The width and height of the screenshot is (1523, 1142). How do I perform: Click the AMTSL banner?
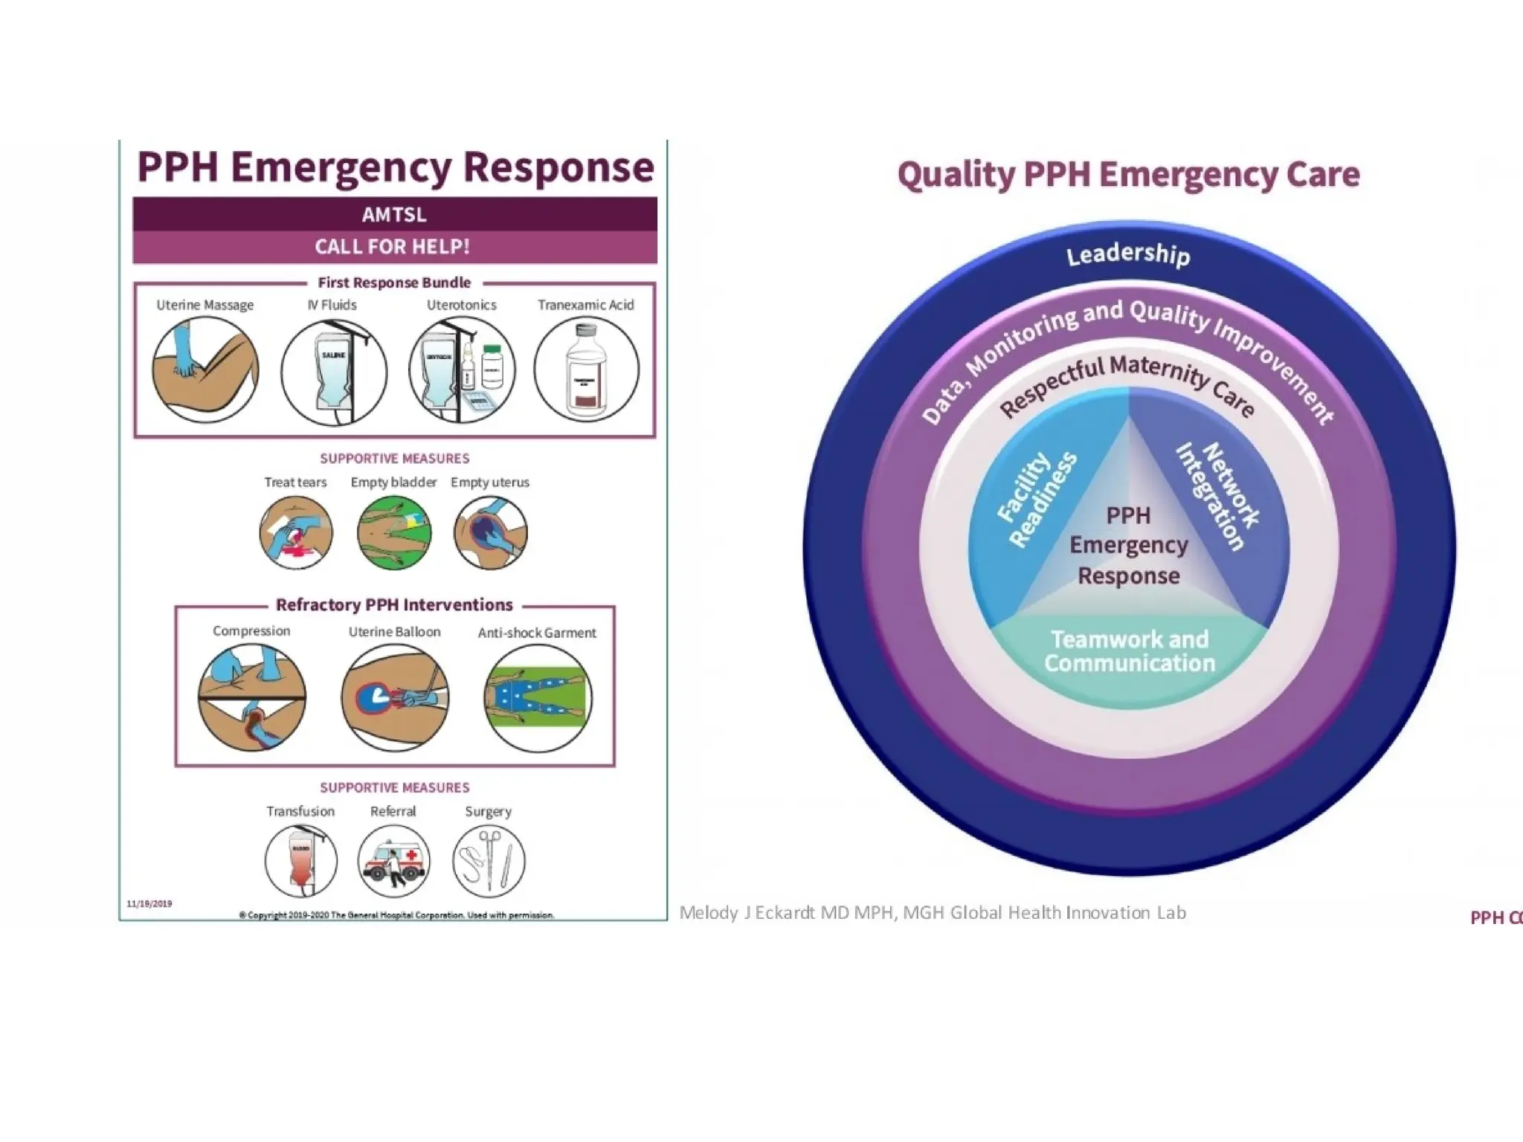click(394, 214)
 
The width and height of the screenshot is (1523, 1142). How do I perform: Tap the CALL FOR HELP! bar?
click(394, 247)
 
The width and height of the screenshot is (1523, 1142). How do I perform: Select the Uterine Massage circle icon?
click(205, 370)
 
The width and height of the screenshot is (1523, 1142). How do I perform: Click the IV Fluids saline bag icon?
click(334, 372)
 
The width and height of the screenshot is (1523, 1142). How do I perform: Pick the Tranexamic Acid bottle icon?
click(586, 370)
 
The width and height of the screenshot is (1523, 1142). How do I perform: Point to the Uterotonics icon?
click(461, 370)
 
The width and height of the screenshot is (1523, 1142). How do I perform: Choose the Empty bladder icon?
click(393, 532)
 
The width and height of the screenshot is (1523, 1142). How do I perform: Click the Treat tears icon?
click(296, 532)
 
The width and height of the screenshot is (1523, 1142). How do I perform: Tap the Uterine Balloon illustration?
click(395, 697)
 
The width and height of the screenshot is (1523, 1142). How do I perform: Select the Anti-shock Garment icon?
click(538, 697)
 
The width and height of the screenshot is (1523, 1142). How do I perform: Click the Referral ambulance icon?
click(393, 861)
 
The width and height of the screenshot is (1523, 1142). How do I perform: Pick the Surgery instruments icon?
click(489, 861)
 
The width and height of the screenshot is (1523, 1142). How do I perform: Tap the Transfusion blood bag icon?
click(300, 861)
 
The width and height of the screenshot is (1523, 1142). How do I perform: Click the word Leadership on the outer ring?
click(1127, 254)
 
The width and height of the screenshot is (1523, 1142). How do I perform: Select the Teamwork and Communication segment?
click(1129, 651)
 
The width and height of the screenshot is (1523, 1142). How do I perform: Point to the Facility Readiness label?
click(1037, 498)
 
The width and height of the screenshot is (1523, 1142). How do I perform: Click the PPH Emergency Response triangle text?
click(1128, 546)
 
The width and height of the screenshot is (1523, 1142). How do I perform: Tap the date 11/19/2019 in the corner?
click(149, 903)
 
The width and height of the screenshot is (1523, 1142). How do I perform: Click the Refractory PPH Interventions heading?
click(394, 604)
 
